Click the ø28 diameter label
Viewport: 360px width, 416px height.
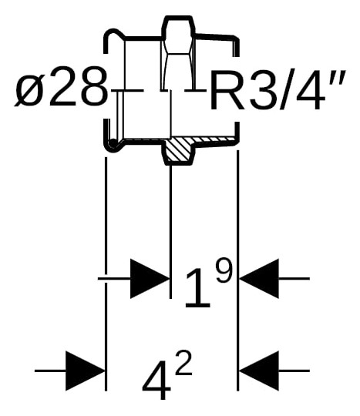[62, 91]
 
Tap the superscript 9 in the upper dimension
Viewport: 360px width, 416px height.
[223, 270]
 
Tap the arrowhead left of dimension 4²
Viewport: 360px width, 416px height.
[85, 371]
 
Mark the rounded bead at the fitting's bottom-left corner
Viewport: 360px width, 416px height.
[113, 144]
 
